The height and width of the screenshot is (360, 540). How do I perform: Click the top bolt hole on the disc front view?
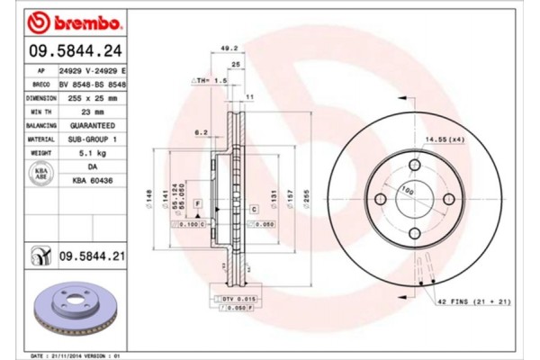point(415,165)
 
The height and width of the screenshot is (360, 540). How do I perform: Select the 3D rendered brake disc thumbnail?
point(71,309)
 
